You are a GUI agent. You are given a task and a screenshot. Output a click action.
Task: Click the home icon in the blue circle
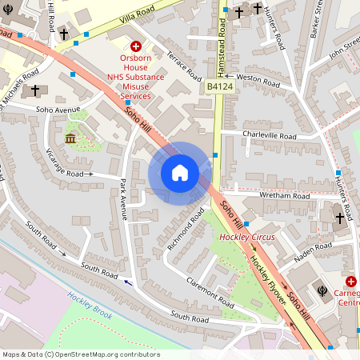point(180,173)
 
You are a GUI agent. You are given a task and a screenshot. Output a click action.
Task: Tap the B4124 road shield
point(219,86)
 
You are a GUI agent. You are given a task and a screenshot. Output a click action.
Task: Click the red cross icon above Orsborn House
point(136,47)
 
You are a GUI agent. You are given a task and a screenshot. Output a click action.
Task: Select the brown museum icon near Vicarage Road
point(70,139)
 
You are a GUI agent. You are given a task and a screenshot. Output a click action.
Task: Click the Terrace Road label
point(184,63)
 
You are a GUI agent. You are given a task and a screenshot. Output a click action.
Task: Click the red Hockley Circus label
point(247,238)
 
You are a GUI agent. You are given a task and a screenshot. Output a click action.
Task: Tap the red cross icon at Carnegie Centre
point(351,282)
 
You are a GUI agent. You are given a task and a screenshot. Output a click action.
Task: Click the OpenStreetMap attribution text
point(80,354)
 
